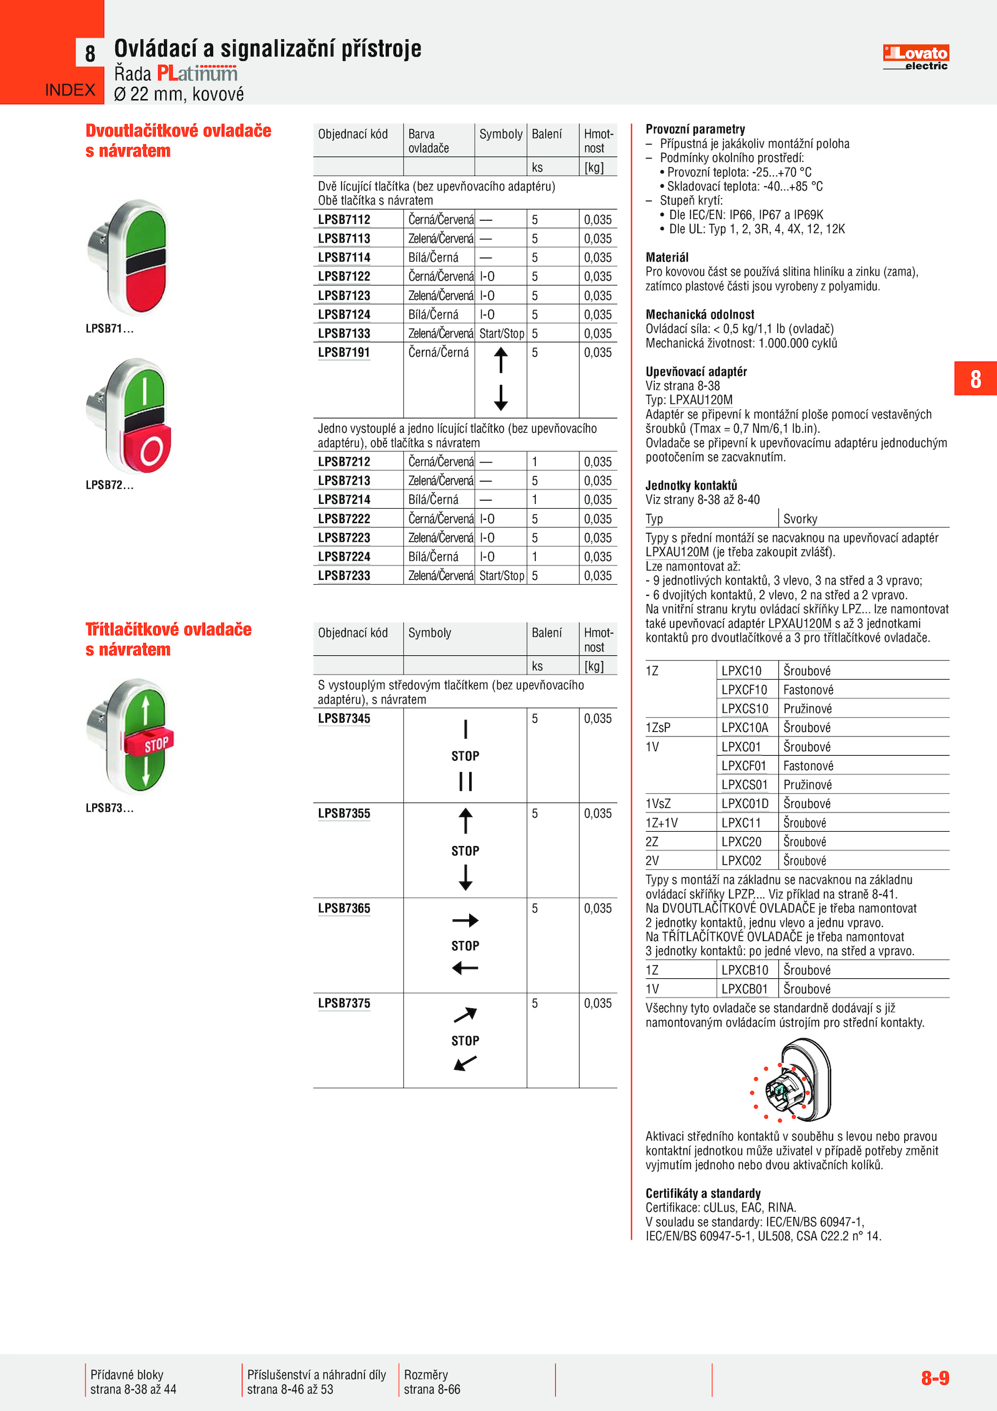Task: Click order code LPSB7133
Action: click(344, 334)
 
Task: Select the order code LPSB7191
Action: click(344, 352)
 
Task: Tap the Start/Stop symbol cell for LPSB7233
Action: click(502, 575)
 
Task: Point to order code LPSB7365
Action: click(344, 908)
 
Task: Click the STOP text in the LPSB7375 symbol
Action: click(465, 1041)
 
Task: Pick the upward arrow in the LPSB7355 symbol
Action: click(465, 821)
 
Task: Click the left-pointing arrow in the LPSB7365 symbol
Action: click(465, 968)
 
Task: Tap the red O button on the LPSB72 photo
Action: click(150, 449)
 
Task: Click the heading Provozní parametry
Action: click(695, 129)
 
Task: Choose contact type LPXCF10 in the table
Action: click(744, 690)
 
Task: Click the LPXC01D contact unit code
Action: click(745, 804)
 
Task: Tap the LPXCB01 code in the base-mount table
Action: click(744, 989)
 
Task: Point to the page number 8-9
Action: click(935, 1377)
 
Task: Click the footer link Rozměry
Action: click(426, 1374)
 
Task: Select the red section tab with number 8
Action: click(975, 378)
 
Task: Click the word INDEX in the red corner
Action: click(70, 90)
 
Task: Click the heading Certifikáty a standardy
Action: click(703, 1193)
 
